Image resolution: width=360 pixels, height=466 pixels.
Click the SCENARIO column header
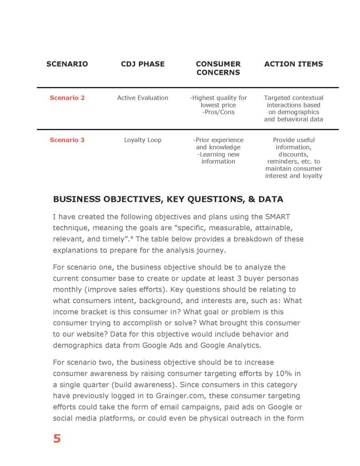[67, 64]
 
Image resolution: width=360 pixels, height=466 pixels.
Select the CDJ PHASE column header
[142, 64]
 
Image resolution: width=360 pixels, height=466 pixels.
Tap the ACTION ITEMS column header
[294, 64]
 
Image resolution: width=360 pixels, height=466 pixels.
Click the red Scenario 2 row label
[67, 98]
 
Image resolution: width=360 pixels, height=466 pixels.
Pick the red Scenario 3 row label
[67, 140]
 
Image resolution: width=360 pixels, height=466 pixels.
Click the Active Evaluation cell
[142, 98]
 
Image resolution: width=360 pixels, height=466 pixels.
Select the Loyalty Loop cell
[142, 140]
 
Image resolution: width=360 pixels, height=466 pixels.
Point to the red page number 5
[57, 439]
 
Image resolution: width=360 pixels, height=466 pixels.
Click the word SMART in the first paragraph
[277, 217]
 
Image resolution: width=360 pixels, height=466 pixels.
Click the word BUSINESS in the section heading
[77, 199]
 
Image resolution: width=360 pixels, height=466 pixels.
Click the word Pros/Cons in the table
[218, 113]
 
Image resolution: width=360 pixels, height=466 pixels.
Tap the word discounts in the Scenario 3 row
[294, 154]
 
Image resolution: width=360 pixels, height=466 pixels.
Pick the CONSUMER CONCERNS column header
[218, 68]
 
